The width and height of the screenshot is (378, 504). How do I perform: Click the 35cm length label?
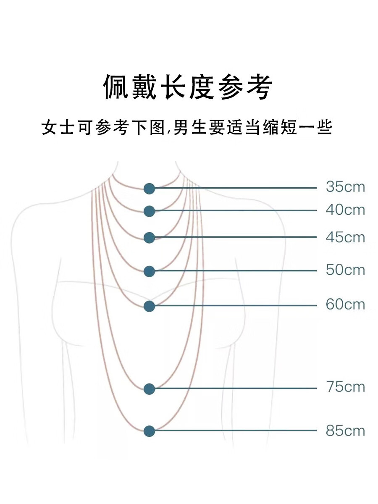[x=345, y=187]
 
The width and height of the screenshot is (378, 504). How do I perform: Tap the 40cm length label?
[x=345, y=210]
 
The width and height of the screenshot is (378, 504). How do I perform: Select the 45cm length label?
[x=345, y=237]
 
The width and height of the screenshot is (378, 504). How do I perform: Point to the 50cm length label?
[x=345, y=270]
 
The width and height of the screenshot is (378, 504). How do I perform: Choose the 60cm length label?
[x=345, y=304]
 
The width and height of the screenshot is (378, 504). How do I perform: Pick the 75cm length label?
[x=345, y=387]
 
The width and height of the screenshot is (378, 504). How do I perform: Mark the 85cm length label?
[x=345, y=431]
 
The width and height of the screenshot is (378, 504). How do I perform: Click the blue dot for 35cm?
[x=149, y=189]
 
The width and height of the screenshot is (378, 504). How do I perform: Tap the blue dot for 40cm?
[x=149, y=211]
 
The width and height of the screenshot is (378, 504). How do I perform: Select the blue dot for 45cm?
[x=149, y=238]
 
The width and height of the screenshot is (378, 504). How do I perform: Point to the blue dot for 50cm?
[x=149, y=272]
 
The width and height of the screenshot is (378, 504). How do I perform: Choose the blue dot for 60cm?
[x=149, y=306]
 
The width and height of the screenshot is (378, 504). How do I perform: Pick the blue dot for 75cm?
[x=149, y=389]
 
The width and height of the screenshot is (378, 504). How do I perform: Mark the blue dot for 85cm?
[x=149, y=431]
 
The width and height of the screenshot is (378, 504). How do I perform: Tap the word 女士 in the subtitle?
[x=58, y=127]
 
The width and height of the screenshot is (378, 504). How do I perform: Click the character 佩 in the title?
[x=117, y=87]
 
